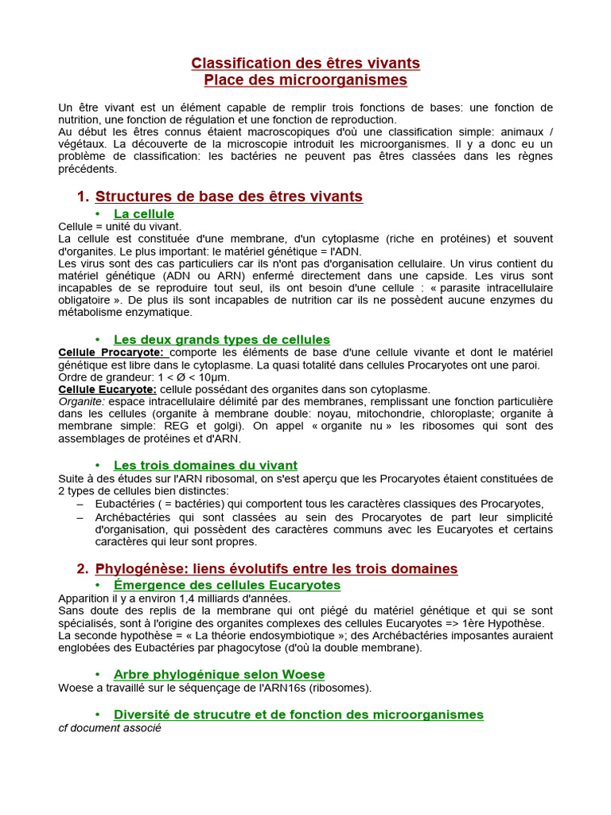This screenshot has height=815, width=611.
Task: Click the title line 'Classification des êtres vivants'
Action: pyautogui.click(x=305, y=63)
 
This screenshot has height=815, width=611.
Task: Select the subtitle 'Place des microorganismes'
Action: pyautogui.click(x=305, y=80)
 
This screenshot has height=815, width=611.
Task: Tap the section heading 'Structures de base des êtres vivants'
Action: pyautogui.click(x=228, y=197)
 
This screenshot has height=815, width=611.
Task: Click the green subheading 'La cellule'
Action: pyautogui.click(x=144, y=214)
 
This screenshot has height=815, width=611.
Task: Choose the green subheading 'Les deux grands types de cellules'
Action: pyautogui.click(x=221, y=340)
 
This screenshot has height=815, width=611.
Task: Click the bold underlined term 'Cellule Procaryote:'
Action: pyautogui.click(x=111, y=353)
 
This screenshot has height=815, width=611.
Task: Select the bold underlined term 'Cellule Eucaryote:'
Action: pyautogui.click(x=107, y=389)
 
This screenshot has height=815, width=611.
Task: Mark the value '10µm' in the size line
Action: pyautogui.click(x=213, y=377)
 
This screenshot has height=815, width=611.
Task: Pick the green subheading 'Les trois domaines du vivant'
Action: pyautogui.click(x=205, y=466)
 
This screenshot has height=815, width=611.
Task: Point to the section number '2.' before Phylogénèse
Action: pyautogui.click(x=83, y=569)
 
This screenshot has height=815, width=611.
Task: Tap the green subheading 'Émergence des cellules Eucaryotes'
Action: pyautogui.click(x=227, y=586)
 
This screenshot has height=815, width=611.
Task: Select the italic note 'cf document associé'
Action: pyautogui.click(x=110, y=727)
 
